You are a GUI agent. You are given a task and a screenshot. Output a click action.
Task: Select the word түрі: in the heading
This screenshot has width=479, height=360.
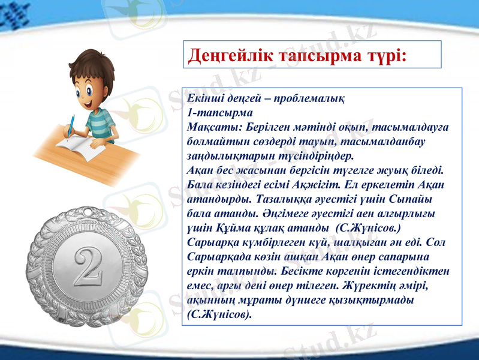point(384,55)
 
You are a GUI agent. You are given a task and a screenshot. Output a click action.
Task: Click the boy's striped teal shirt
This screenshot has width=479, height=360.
point(101,123)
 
